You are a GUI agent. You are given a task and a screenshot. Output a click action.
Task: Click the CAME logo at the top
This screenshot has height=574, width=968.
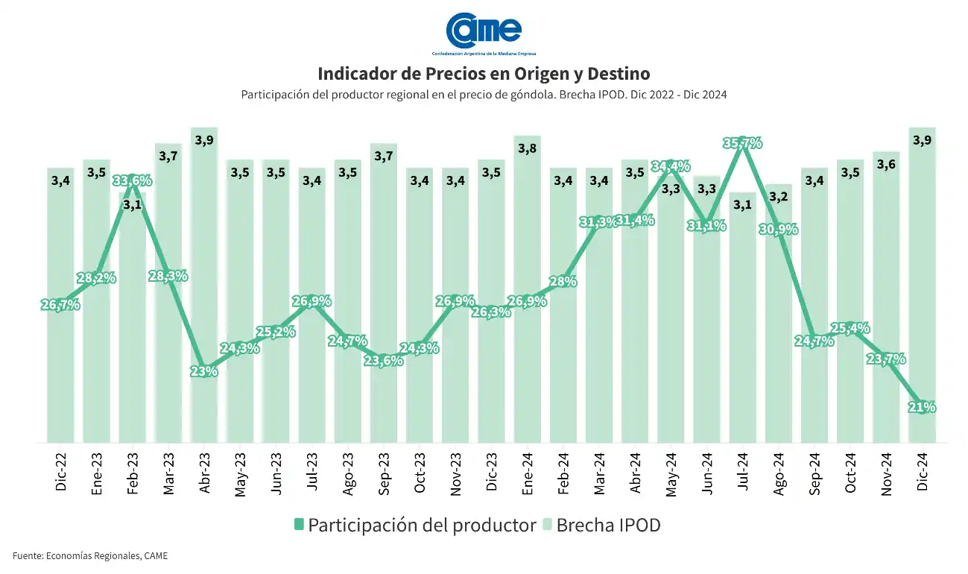pyautogui.click(x=484, y=31)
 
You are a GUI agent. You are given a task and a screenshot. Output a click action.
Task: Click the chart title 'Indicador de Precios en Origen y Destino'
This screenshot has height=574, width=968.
pyautogui.click(x=484, y=74)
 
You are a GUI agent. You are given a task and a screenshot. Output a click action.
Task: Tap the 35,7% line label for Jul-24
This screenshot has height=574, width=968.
pyautogui.click(x=742, y=143)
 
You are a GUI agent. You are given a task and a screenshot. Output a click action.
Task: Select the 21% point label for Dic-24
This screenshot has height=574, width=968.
pyautogui.click(x=923, y=407)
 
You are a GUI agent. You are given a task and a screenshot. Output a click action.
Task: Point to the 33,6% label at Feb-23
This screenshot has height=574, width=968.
pyautogui.click(x=133, y=181)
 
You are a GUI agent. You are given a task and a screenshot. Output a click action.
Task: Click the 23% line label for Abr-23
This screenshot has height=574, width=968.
pyautogui.click(x=203, y=371)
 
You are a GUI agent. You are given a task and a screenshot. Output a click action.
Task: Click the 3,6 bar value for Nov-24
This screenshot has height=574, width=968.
pyautogui.click(x=887, y=165)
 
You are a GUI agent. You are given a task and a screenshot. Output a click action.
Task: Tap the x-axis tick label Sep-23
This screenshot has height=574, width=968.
pyautogui.click(x=385, y=472)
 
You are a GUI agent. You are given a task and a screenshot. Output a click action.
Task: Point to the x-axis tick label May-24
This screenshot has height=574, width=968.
pyautogui.click(x=671, y=472)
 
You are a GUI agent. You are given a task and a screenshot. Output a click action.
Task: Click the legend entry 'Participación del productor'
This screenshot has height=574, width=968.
pyautogui.click(x=414, y=525)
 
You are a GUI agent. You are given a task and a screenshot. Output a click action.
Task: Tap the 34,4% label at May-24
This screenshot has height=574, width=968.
pyautogui.click(x=671, y=166)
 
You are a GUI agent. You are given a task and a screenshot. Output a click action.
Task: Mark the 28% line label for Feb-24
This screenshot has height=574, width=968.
pyautogui.click(x=563, y=282)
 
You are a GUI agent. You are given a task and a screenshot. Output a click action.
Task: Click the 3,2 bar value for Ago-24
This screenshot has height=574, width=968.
pyautogui.click(x=779, y=198)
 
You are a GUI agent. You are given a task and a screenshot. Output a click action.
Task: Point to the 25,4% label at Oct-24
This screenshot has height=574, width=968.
pyautogui.click(x=851, y=329)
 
